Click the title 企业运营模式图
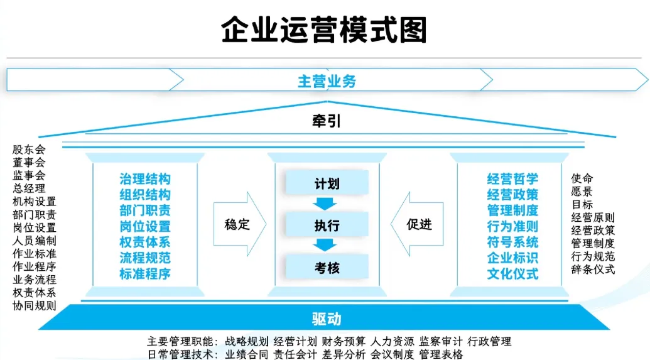click(324, 29)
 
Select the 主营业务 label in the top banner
click(327, 81)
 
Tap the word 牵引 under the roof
click(327, 121)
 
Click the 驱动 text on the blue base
click(327, 319)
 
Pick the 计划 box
click(327, 183)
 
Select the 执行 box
click(327, 225)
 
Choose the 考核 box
click(327, 268)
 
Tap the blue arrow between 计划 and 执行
click(327, 204)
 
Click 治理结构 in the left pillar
click(145, 179)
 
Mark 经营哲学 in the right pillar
click(512, 179)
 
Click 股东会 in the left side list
click(29, 150)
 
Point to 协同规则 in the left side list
click(35, 306)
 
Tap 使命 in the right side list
click(582, 178)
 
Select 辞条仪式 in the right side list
click(593, 270)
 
